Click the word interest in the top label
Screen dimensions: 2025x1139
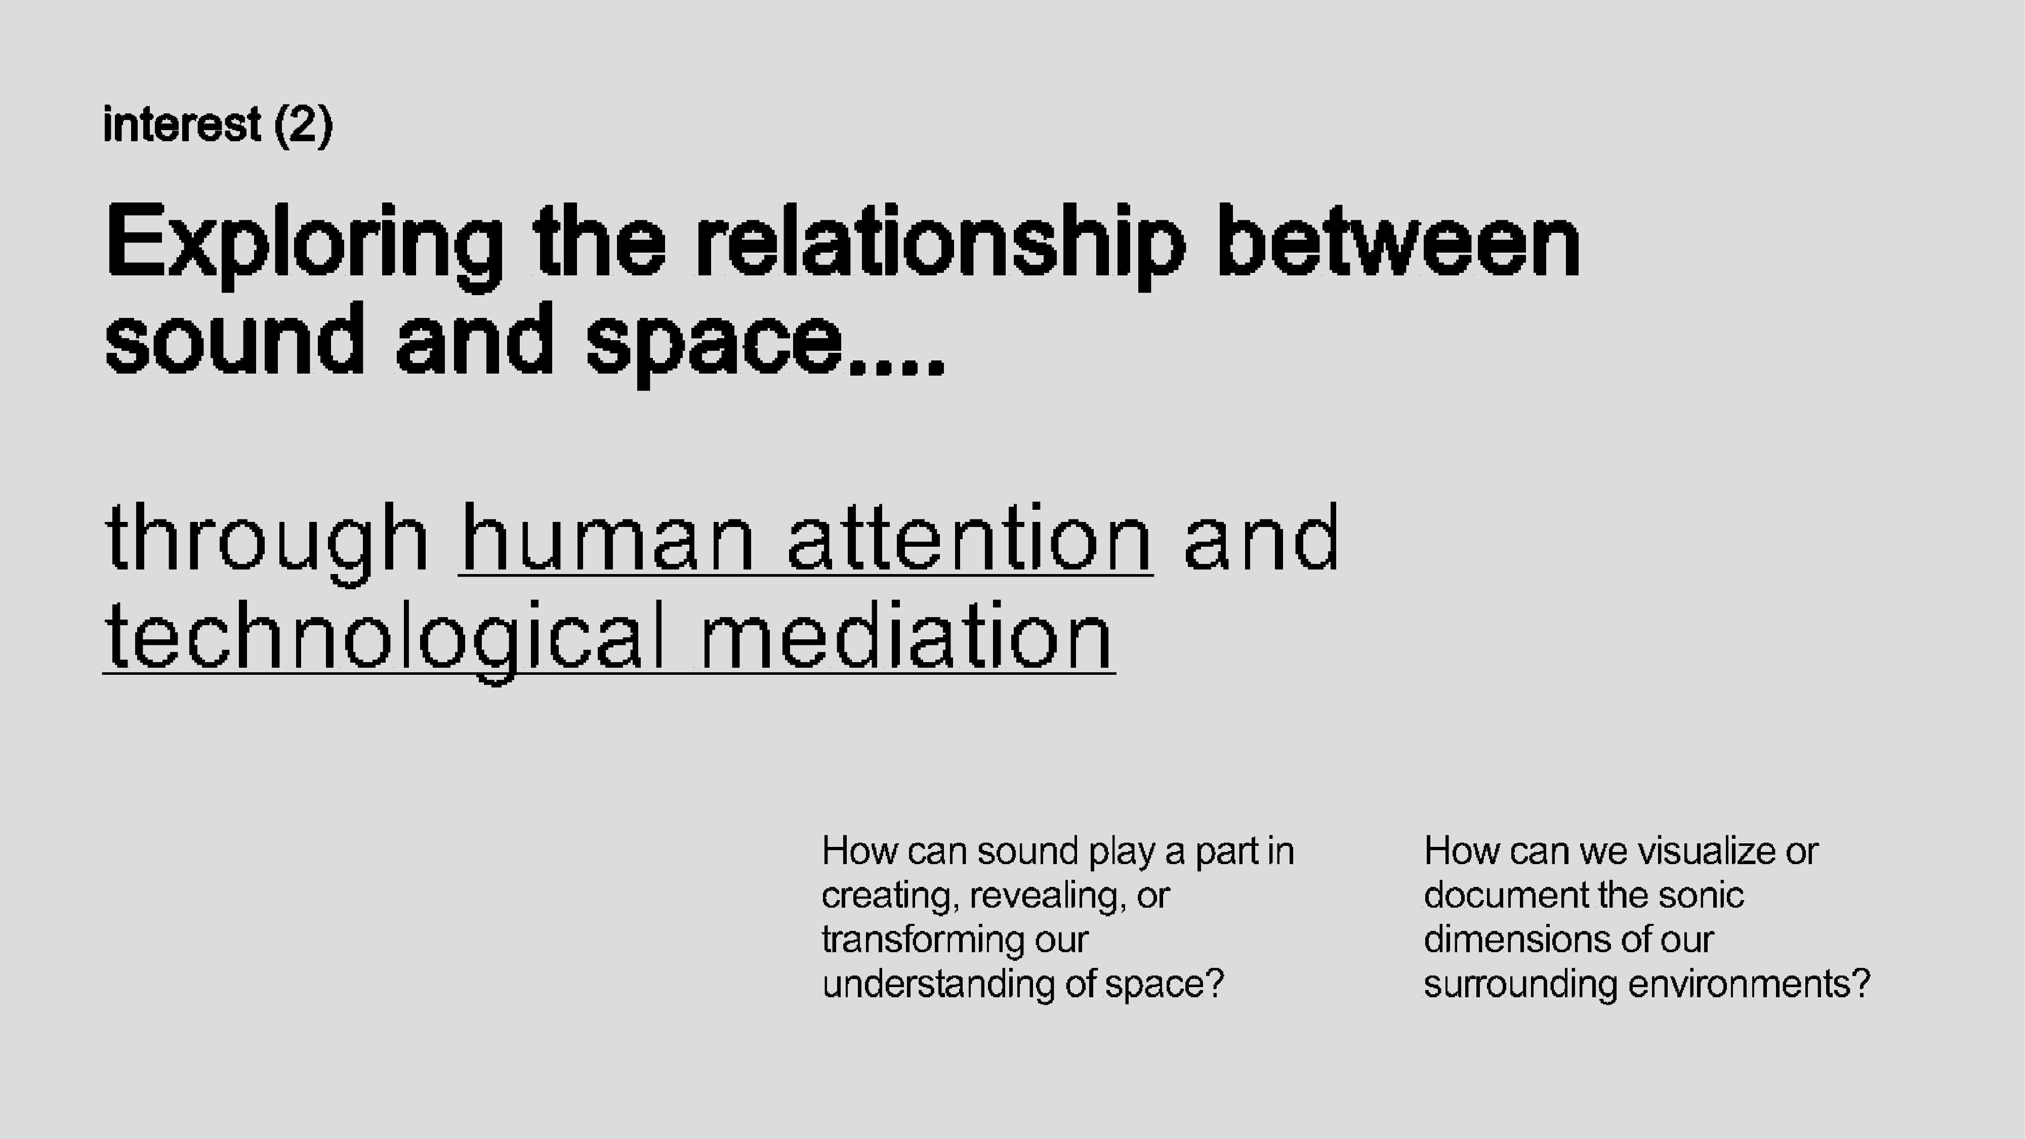[182, 124]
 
